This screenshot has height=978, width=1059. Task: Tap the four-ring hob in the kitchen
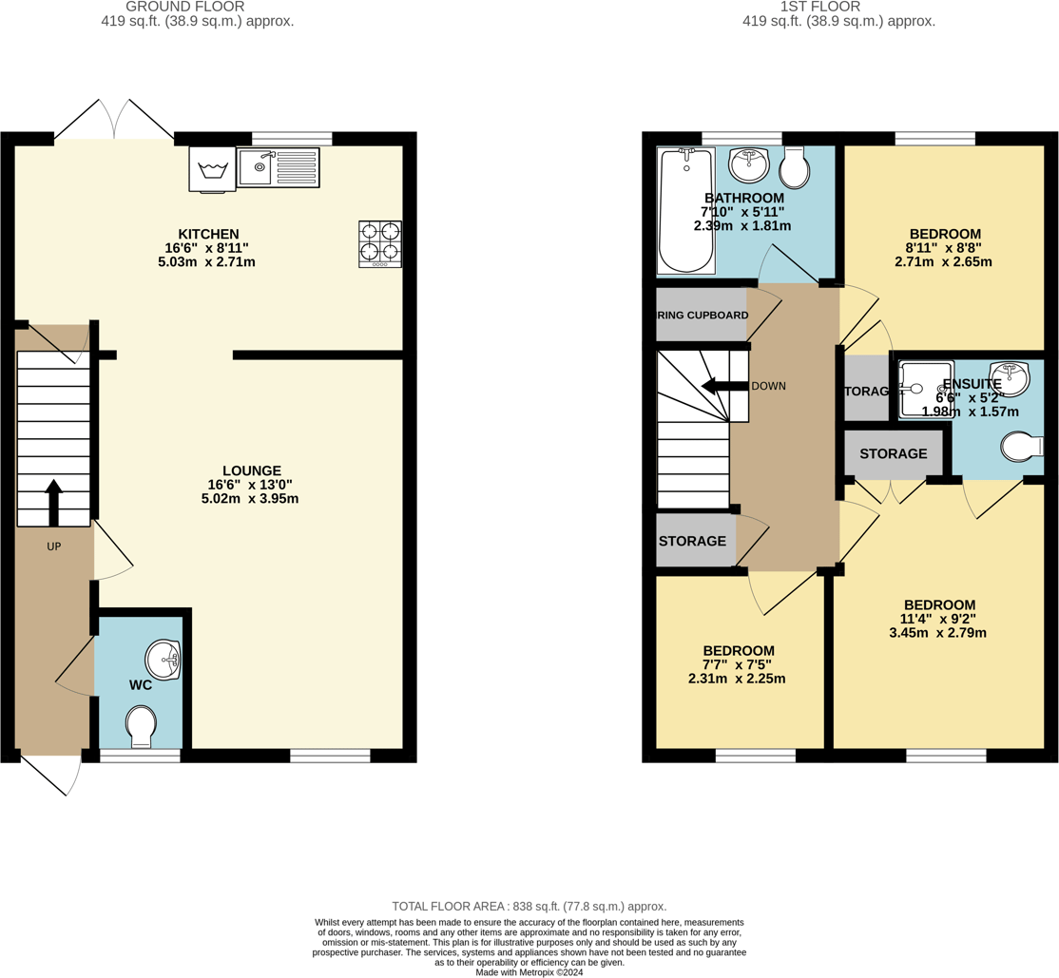coord(379,243)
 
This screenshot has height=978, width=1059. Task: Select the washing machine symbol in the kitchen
coord(212,169)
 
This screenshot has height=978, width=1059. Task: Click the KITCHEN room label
coord(208,234)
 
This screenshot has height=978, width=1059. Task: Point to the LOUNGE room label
coord(251,470)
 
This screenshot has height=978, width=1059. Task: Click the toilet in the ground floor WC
coord(141,725)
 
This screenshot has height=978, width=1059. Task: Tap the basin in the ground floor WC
coord(164,660)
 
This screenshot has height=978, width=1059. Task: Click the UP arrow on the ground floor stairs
coord(53,503)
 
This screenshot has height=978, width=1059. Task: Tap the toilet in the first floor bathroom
coord(794,168)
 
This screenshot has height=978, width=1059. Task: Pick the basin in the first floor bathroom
coord(749,164)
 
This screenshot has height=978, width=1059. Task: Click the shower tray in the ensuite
coord(924,389)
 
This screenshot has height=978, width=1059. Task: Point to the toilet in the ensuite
coord(1023,446)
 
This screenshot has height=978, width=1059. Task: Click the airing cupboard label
coord(703,315)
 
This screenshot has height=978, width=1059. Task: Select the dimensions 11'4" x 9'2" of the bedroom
coord(939,619)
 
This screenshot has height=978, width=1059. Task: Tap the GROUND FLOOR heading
coord(198,7)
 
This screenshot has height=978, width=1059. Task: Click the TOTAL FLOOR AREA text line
coord(529,907)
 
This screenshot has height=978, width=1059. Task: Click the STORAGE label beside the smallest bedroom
coord(692,541)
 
